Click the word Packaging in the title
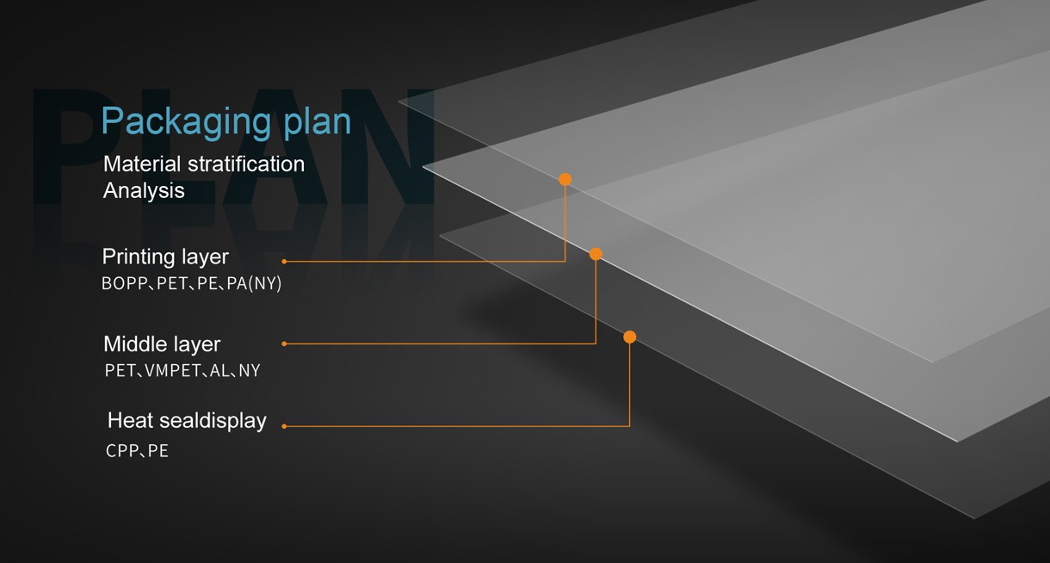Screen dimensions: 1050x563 coord(186,123)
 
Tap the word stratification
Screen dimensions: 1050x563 coord(246,164)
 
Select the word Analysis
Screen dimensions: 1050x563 coord(144,191)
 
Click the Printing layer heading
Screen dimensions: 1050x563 coord(165,257)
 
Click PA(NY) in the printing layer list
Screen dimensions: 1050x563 coord(254,283)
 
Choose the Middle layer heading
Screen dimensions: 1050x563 coord(162,344)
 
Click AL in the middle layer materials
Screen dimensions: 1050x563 coord(219,371)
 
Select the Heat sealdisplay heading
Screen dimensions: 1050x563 coord(187,420)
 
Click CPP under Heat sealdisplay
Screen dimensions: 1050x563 coord(122,451)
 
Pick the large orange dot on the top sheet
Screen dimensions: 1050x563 coord(565,179)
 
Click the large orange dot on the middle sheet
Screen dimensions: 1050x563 coord(596,254)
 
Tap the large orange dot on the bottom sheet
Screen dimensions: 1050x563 coord(629,337)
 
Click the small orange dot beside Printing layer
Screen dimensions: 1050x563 coord(284,262)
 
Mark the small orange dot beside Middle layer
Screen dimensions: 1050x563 coord(284,344)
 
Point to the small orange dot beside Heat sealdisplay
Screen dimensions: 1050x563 coord(284,427)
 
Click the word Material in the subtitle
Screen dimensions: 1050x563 coord(142,164)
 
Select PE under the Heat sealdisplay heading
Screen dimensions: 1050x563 coord(158,451)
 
